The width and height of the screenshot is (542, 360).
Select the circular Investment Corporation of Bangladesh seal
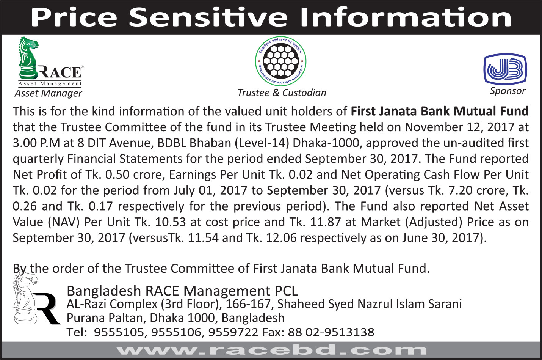281,61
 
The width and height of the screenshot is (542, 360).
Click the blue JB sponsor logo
505,69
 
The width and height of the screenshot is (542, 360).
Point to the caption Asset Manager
49,93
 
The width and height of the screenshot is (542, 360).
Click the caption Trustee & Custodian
282,93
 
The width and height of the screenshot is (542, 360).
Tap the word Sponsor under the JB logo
508,91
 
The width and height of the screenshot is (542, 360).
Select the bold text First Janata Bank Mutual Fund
440,112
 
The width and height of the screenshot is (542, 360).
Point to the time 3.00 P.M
36,143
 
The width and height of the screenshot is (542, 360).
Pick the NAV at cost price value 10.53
171,222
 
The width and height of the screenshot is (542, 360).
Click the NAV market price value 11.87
326,222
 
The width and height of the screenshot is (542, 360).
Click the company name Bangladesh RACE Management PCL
182,291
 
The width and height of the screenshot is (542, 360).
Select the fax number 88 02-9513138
331,332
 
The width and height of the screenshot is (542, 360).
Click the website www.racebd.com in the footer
271,350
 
